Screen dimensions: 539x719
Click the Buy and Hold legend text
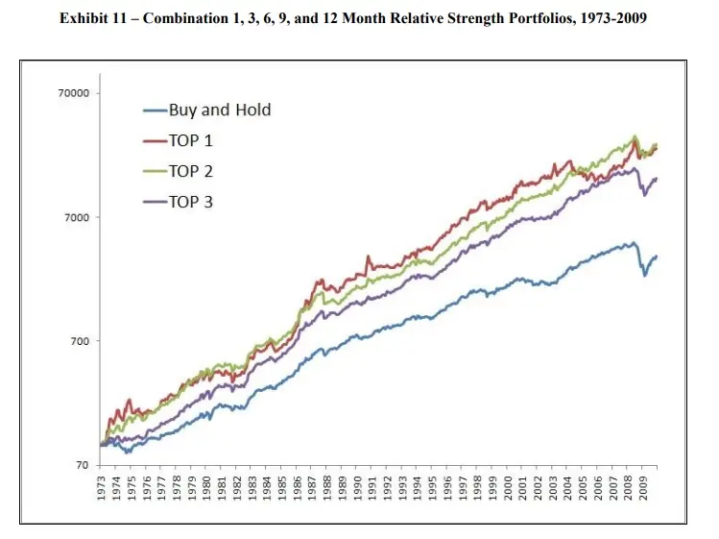tap(219, 110)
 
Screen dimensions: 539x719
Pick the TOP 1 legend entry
tap(190, 140)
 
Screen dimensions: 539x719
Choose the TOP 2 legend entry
tap(190, 171)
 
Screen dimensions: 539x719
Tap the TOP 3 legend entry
tap(190, 202)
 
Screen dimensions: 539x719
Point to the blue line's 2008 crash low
tap(645, 276)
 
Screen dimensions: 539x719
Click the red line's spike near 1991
tap(368, 257)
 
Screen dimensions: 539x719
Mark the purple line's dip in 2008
tap(645, 195)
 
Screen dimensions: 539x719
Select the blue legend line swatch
tap(154, 110)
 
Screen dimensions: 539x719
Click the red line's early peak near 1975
tap(130, 401)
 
